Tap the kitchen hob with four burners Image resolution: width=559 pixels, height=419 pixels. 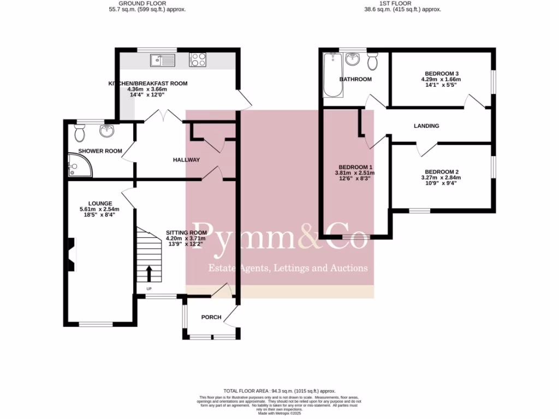coord(198,60)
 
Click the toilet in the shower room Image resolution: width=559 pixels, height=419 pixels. coord(80,131)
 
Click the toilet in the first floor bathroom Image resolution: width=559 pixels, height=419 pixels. coord(373,62)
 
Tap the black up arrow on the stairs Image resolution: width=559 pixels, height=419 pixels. coord(149,272)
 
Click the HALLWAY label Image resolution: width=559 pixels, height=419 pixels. coord(186,160)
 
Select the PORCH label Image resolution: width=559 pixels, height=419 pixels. coord(211,317)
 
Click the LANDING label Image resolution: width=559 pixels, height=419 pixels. coord(426,126)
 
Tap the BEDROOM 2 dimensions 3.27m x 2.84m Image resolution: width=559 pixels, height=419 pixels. coord(441,177)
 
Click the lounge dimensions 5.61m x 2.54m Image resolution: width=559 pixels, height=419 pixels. coord(99,209)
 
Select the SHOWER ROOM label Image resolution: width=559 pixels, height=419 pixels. coord(100,151)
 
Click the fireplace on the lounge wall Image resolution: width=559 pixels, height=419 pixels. coord(71,254)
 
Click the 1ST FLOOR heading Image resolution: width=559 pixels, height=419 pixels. coord(403,3)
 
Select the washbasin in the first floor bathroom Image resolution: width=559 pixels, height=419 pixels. coord(352,57)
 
